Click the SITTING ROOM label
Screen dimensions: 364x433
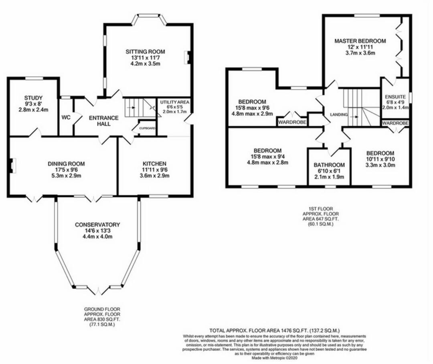point(145,52)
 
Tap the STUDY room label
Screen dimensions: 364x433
point(33,98)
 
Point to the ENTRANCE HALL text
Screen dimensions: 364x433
point(103,121)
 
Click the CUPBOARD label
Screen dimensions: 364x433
point(147,128)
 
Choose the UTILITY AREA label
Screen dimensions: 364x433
point(174,102)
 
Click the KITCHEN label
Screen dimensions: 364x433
point(154,164)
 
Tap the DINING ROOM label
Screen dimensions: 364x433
point(66,164)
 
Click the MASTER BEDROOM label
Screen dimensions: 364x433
point(360,41)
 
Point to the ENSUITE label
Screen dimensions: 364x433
point(395,97)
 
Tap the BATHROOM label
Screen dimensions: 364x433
point(329,165)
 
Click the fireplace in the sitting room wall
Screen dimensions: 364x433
point(186,57)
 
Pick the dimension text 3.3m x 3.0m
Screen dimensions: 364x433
point(380,165)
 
